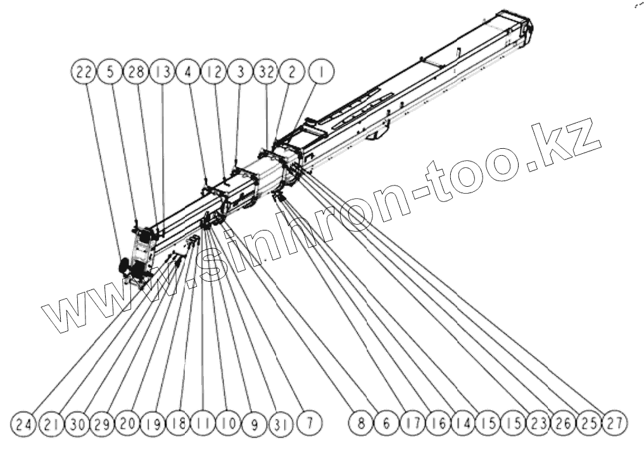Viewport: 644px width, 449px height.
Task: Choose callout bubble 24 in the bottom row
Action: click(23, 424)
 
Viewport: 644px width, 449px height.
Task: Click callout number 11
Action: click(203, 424)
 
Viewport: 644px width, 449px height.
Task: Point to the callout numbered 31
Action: click(279, 424)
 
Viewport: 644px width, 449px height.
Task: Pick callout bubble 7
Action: click(308, 424)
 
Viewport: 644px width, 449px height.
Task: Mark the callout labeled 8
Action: click(361, 424)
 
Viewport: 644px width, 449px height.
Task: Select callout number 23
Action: click(538, 424)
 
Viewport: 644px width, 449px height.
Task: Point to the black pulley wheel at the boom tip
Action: click(125, 267)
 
